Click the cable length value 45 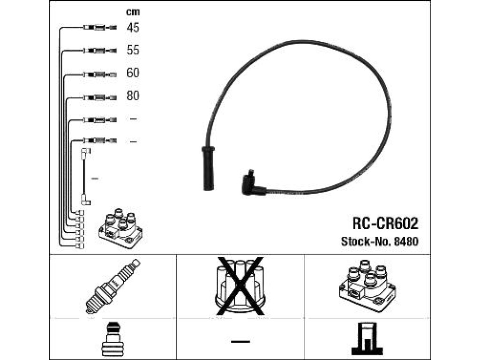(133, 28)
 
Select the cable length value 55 (133, 50)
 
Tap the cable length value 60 (133, 73)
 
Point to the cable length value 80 (133, 96)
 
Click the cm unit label (133, 12)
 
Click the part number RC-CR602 (385, 224)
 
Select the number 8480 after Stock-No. (406, 241)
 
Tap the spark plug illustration (112, 286)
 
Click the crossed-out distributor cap (240, 286)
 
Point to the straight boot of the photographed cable (208, 168)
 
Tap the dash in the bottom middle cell (240, 341)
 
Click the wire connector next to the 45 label (100, 28)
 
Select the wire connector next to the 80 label (100, 98)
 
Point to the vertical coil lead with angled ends (85, 177)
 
